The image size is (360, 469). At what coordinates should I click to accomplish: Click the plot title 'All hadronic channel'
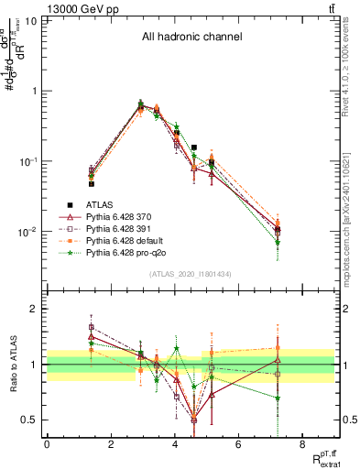(x=191, y=38)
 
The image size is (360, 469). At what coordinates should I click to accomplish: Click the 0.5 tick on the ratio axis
(x=33, y=420)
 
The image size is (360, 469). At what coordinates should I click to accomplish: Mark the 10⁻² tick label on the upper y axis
(x=29, y=232)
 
